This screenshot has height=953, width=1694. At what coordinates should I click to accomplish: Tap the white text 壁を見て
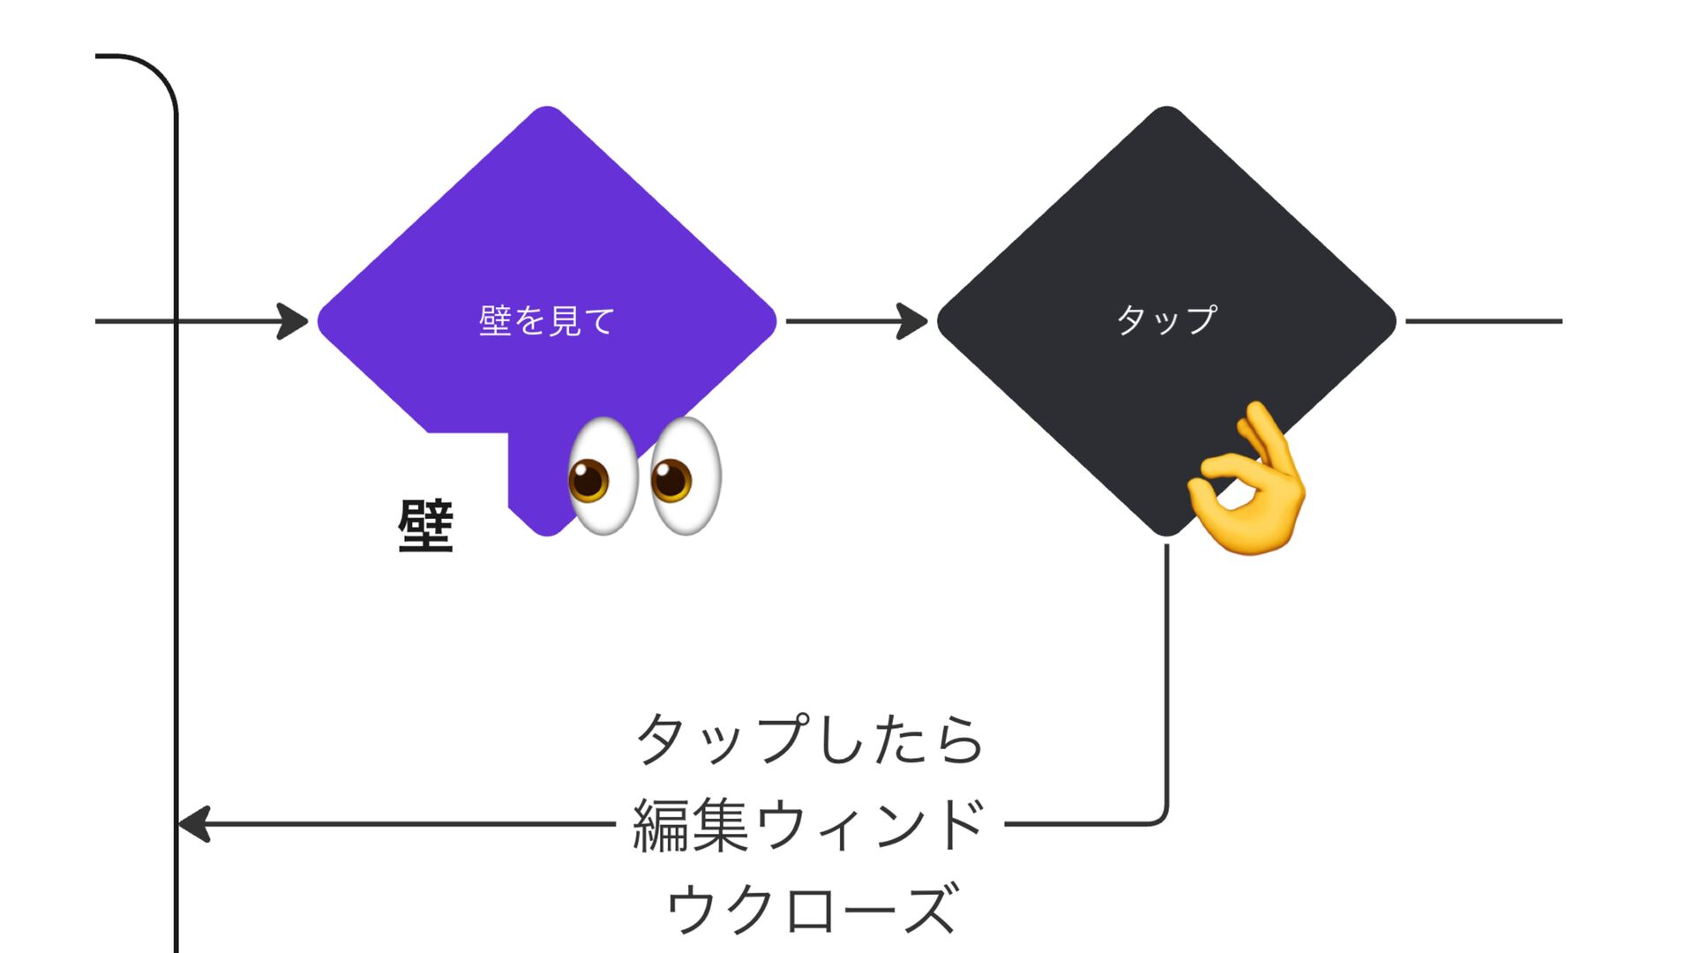pyautogui.click(x=547, y=321)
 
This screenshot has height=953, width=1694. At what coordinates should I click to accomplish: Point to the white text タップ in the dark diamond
pyautogui.click(x=1166, y=319)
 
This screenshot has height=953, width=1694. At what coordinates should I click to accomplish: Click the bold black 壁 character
pyautogui.click(x=425, y=526)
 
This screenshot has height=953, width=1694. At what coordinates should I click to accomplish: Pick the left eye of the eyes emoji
pyautogui.click(x=602, y=476)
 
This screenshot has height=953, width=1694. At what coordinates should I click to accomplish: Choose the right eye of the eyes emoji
pyautogui.click(x=686, y=476)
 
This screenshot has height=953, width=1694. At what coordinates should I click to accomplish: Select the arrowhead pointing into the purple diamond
pyautogui.click(x=293, y=321)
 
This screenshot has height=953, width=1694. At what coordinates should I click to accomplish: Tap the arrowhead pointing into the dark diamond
pyautogui.click(x=912, y=321)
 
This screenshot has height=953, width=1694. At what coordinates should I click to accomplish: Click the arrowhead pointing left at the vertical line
pyautogui.click(x=194, y=824)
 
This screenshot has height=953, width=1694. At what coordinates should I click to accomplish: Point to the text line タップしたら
pyautogui.click(x=809, y=739)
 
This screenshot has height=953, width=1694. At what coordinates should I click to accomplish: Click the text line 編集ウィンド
pyautogui.click(x=809, y=824)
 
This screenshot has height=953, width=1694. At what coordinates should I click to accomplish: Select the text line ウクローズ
pyautogui.click(x=809, y=909)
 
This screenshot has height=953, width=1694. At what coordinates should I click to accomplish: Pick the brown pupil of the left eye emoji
pyautogui.click(x=588, y=482)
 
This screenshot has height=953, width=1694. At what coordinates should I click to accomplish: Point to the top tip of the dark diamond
pyautogui.click(x=1166, y=109)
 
